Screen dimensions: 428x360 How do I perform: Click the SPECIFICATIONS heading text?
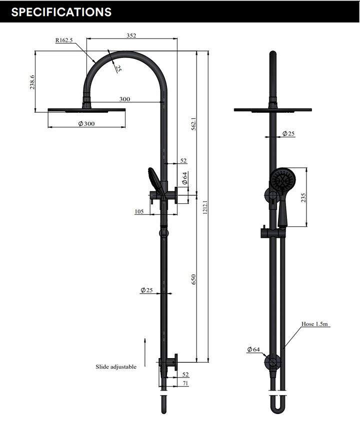click(61, 12)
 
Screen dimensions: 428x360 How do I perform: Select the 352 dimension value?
click(131, 35)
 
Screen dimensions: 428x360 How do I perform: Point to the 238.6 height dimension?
click(32, 82)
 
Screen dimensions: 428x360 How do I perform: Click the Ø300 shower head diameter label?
click(86, 123)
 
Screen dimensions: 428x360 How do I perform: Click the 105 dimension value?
click(139, 212)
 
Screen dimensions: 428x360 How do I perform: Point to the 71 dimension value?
click(186, 383)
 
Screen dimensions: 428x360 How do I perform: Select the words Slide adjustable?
click(116, 367)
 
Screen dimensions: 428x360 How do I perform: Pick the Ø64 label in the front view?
click(253, 350)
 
